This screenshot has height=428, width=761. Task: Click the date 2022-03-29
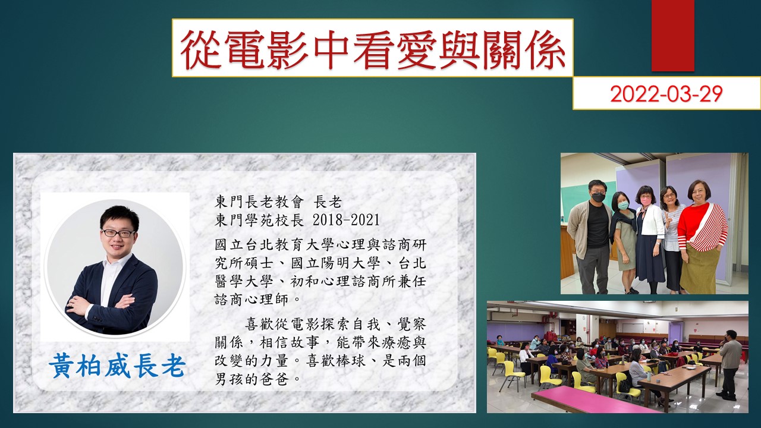coord(666,93)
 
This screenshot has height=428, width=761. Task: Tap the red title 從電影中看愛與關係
coord(373,49)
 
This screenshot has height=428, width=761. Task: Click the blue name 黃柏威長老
coord(117,366)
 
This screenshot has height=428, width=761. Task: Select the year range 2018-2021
coord(345,220)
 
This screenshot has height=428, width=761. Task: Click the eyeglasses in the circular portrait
coord(118,233)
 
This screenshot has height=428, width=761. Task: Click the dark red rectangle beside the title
coord(672,35)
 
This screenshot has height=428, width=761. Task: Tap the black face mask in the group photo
coord(598,197)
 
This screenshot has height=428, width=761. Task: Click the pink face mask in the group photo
coord(645,201)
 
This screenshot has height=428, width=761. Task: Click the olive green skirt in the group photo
coord(700,268)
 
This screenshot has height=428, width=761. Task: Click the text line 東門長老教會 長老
coord(278,203)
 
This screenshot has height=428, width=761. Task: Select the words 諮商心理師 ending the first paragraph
coord(253,300)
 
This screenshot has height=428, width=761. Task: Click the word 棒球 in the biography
coord(351,361)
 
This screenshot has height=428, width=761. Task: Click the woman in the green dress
coord(624,242)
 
